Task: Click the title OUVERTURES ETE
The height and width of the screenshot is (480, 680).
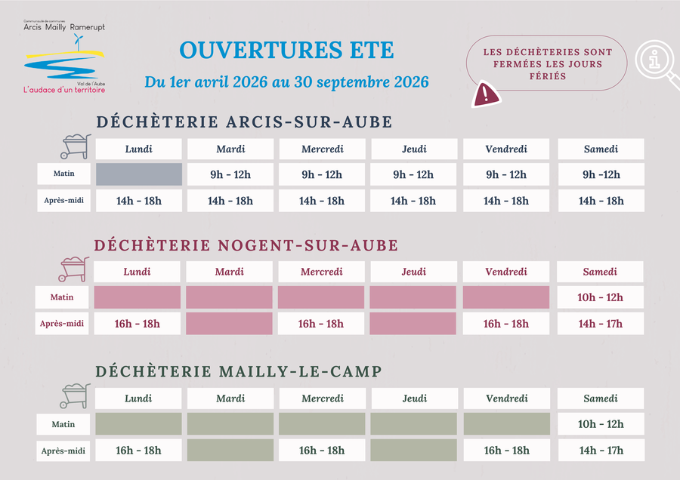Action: (x=286, y=51)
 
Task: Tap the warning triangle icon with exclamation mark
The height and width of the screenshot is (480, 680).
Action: (x=486, y=94)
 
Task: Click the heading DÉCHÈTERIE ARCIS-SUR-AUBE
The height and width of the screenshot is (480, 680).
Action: (x=244, y=122)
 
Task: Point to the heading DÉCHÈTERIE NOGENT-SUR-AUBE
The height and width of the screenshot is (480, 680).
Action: (x=246, y=245)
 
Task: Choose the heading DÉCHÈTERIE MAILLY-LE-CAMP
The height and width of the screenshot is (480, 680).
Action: (x=238, y=371)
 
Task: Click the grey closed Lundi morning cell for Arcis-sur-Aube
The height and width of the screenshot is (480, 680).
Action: (x=139, y=174)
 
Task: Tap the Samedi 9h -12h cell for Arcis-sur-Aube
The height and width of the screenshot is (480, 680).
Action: (x=601, y=174)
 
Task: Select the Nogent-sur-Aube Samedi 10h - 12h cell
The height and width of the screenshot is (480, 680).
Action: (x=601, y=297)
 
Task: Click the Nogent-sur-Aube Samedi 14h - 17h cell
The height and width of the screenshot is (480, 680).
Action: (x=601, y=324)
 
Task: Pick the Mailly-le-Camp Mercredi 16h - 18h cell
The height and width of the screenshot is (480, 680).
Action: (x=322, y=451)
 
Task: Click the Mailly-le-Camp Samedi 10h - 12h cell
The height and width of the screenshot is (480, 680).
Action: (x=601, y=424)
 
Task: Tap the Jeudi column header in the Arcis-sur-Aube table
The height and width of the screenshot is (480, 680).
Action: (x=414, y=149)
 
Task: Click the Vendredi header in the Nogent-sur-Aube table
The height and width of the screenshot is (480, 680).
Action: (x=506, y=272)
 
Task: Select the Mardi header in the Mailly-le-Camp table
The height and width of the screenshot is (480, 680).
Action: (x=230, y=398)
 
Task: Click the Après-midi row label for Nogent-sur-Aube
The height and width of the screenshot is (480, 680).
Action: (x=62, y=324)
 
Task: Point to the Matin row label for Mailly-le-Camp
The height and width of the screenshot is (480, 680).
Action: (x=63, y=424)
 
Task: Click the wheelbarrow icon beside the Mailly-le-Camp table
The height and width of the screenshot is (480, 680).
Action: (x=75, y=395)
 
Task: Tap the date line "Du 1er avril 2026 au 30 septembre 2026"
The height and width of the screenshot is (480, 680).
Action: (x=286, y=82)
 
